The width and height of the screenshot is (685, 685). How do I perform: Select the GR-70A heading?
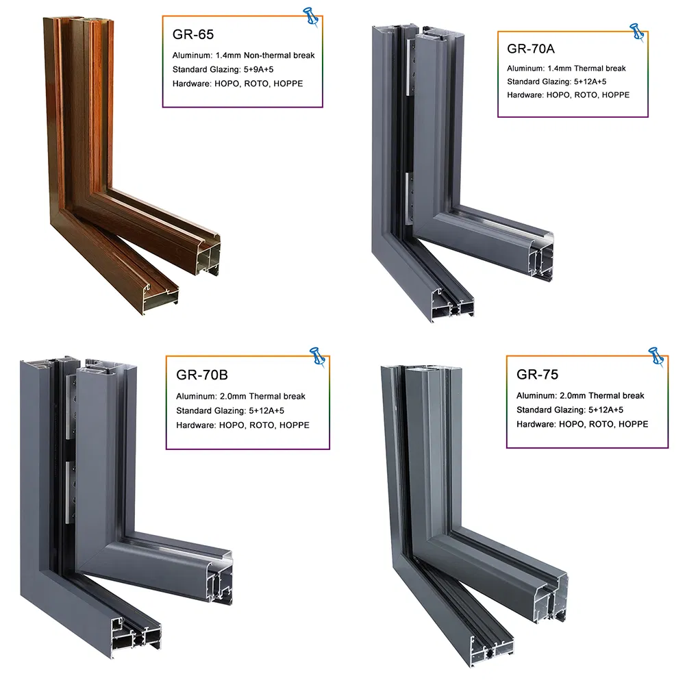pyautogui.click(x=530, y=49)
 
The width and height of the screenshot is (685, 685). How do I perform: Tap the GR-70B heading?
pyautogui.click(x=202, y=375)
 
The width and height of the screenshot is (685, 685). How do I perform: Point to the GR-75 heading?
pyautogui.click(x=538, y=375)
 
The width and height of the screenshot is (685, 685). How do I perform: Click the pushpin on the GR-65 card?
pyautogui.click(x=312, y=16)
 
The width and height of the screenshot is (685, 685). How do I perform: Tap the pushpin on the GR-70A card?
pyautogui.click(x=637, y=32)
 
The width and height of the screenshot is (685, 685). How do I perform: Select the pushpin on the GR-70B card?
pyautogui.click(x=317, y=356)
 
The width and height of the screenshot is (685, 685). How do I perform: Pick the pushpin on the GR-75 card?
pyautogui.click(x=656, y=356)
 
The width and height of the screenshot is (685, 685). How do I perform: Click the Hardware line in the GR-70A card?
pyautogui.click(x=568, y=95)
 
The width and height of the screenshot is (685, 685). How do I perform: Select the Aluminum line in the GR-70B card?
pyautogui.click(x=240, y=397)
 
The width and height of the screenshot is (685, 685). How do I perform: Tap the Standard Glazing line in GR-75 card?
pyautogui.click(x=569, y=410)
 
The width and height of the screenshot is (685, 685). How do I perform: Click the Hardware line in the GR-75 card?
pyautogui.click(x=582, y=425)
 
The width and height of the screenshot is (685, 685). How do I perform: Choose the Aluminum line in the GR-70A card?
pyautogui.click(x=566, y=68)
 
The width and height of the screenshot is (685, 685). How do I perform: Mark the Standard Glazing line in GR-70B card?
pyautogui.click(x=230, y=411)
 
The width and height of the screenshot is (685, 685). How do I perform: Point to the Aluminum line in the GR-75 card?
pyautogui.click(x=580, y=396)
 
